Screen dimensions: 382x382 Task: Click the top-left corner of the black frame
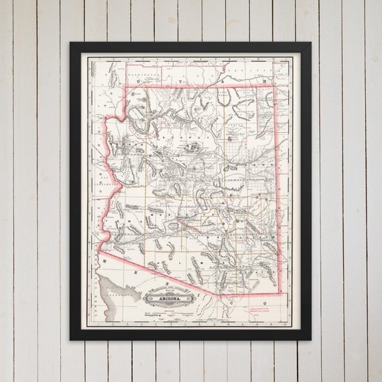coord(70,43)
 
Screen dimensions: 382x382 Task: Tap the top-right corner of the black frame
coord(312,43)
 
